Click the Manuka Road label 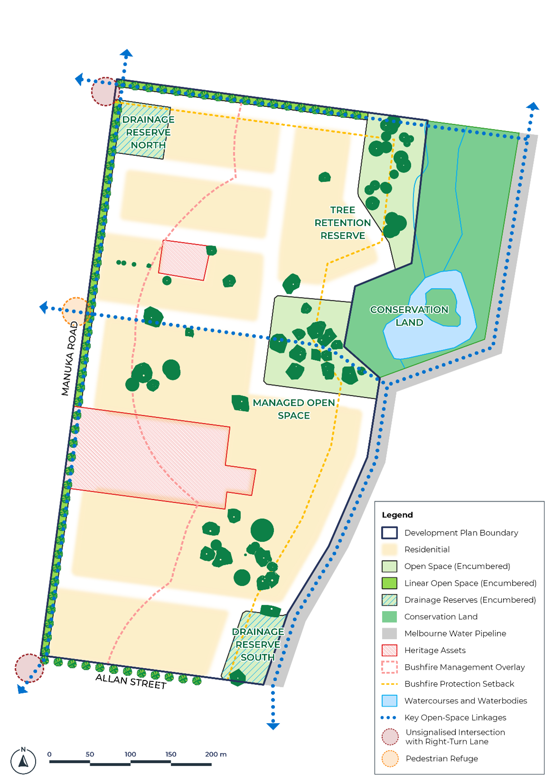[69, 358]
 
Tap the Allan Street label [131, 681]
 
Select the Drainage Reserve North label [148, 132]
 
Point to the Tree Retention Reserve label [342, 223]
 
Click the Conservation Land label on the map [409, 316]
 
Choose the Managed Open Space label [294, 409]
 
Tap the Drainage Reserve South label [258, 644]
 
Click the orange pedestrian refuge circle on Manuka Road [76, 312]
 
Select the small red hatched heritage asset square [183, 260]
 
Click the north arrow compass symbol [23, 760]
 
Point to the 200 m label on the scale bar [216, 754]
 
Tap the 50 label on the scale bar [90, 754]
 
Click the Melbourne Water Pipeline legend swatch [389, 633]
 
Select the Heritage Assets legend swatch [389, 650]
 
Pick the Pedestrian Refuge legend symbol [390, 758]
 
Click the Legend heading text [397, 515]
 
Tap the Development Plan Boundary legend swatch [389, 533]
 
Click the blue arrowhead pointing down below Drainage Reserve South [273, 726]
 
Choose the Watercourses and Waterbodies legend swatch [389, 701]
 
